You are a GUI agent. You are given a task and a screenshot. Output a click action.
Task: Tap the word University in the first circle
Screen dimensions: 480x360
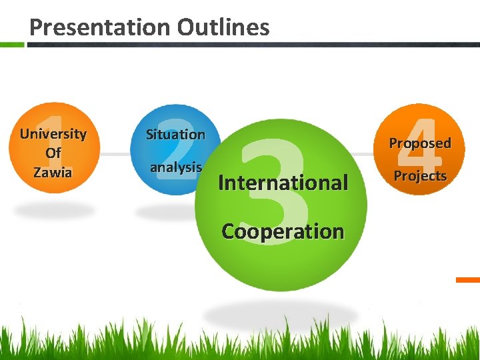pyautogui.click(x=53, y=134)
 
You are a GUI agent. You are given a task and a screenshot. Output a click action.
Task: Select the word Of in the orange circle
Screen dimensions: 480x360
pyautogui.click(x=53, y=153)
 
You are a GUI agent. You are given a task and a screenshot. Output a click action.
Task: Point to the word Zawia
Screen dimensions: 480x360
pyautogui.click(x=53, y=172)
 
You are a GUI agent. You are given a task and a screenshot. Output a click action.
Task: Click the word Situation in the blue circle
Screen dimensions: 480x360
pyautogui.click(x=175, y=135)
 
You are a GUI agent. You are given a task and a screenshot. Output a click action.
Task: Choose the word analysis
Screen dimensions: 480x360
pyautogui.click(x=176, y=167)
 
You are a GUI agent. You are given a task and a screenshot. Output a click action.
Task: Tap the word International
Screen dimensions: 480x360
pyautogui.click(x=283, y=182)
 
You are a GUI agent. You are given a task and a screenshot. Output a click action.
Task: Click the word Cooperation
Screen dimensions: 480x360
pyautogui.click(x=283, y=231)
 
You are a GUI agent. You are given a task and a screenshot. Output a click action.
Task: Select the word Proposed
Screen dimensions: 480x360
pyautogui.click(x=420, y=143)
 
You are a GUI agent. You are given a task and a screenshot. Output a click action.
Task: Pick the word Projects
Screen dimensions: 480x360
pyautogui.click(x=420, y=176)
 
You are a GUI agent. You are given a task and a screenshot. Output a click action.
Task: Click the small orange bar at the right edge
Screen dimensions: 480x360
pyautogui.click(x=468, y=280)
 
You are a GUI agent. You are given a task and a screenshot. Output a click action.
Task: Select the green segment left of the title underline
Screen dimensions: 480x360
pyautogui.click(x=12, y=45)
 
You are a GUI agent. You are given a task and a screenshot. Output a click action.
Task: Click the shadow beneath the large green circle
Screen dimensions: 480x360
pyautogui.click(x=280, y=313)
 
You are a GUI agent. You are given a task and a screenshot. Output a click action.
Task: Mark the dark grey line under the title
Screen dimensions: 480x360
pyautogui.click(x=253, y=45)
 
